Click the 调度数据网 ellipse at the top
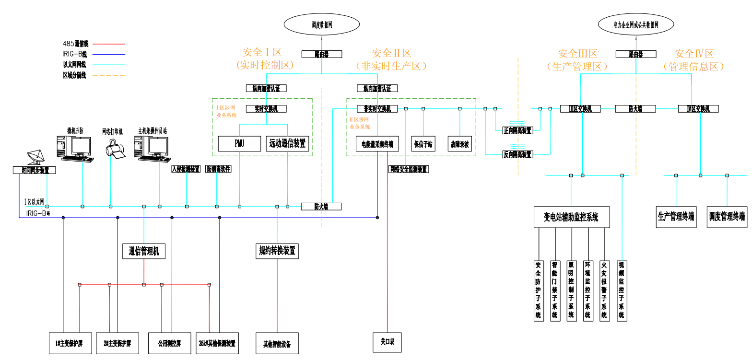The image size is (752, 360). [x=321, y=24]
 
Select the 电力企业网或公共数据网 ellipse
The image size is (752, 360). [x=636, y=24]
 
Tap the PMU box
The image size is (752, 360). [x=239, y=144]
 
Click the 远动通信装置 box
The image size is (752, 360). [x=287, y=144]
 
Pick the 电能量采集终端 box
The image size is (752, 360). [x=377, y=144]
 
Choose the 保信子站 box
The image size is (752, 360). [x=423, y=144]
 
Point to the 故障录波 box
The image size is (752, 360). [x=459, y=144]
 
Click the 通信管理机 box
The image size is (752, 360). [x=144, y=251]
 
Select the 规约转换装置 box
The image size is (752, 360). [x=277, y=250]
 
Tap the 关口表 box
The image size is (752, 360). [x=387, y=342]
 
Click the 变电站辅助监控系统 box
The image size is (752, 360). [x=571, y=218]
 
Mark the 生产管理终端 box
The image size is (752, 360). [x=676, y=217]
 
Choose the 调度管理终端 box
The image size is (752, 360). [x=727, y=217]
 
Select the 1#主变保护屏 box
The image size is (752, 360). [x=70, y=344]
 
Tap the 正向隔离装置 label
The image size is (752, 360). [x=517, y=130]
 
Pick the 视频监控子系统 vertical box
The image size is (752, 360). [x=622, y=290]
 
